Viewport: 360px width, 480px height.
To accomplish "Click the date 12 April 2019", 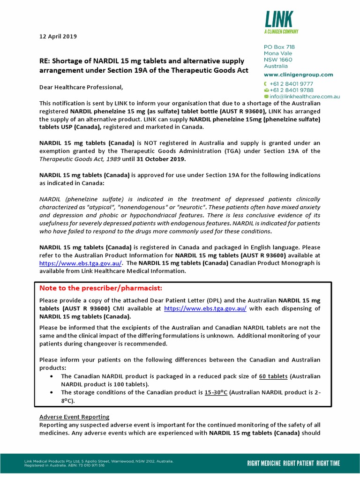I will pos(58,37).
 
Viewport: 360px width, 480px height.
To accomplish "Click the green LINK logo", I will pos(279,19).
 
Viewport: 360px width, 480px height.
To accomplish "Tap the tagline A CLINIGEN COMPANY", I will pos(281,31).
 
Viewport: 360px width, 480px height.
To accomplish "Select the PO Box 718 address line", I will pos(279,47).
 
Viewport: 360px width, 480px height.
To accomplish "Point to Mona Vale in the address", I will pos(278,53).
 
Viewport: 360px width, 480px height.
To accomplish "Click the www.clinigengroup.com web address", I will pos(299,75).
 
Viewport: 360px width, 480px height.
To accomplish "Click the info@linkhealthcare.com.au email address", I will pos(305,97).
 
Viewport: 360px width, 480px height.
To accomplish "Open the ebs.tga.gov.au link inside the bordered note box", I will pos(205,308).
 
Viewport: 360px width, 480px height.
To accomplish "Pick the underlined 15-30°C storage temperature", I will pos(216,392).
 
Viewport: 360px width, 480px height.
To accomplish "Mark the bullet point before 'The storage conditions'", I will pos(51,392).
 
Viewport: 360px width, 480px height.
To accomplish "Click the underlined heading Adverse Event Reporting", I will pos(74,417).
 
